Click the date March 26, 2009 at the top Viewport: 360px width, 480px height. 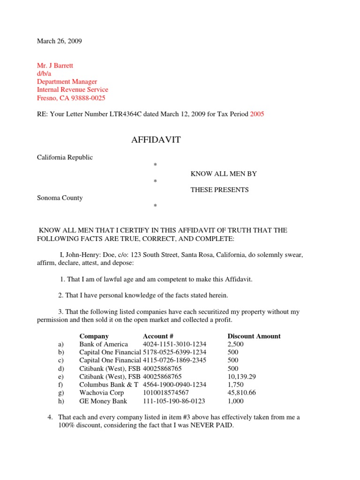(x=60, y=41)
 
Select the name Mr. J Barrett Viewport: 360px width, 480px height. (x=55, y=66)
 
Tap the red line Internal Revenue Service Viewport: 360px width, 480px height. (x=73, y=90)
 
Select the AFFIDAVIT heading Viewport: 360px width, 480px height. (x=155, y=140)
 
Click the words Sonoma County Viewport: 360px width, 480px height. (x=60, y=198)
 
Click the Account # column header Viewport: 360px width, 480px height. (x=158, y=336)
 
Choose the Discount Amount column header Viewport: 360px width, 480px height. (x=254, y=336)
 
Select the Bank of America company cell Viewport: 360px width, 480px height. (x=104, y=344)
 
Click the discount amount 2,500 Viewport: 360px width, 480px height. (x=236, y=344)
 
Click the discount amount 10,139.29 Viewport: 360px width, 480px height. (x=242, y=376)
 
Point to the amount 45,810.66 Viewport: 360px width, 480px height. (x=242, y=392)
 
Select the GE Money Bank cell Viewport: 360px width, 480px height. (x=103, y=401)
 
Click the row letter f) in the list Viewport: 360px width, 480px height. (x=60, y=384)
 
